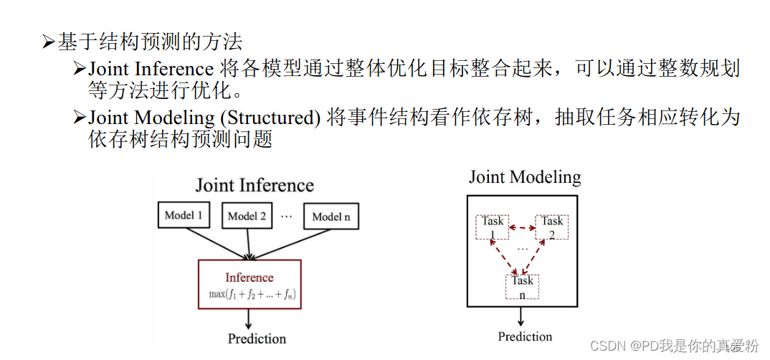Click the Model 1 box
[x=184, y=215]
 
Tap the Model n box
[x=331, y=217]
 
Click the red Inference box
[x=249, y=284]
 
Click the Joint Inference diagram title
[x=255, y=185]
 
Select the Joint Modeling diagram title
[x=525, y=177]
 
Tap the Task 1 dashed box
[x=493, y=227]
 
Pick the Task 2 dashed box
[x=552, y=227]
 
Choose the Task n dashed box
[x=522, y=286]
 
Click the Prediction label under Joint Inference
[x=257, y=338]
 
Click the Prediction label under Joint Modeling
[x=525, y=336]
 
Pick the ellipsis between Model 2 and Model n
[x=287, y=214]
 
